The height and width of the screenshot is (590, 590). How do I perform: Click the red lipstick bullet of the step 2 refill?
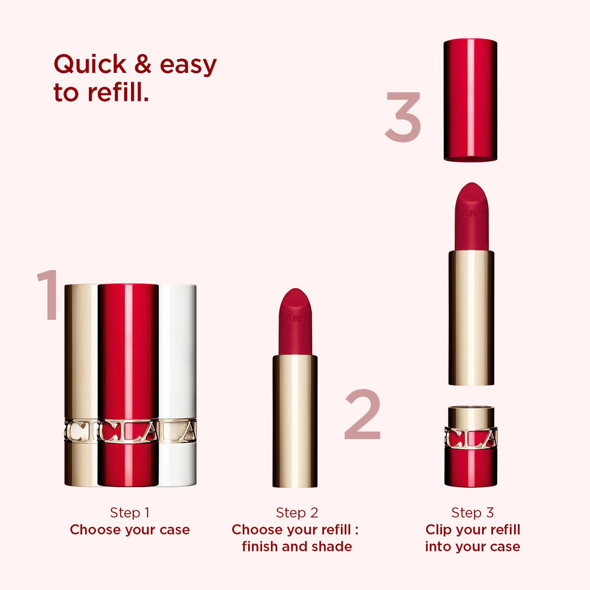295,324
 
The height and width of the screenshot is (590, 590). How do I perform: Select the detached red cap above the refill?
470,99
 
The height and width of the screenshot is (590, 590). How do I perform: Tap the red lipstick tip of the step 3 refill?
471,217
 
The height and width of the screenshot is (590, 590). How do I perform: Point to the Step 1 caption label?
130,513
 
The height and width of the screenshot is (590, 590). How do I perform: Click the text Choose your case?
130,530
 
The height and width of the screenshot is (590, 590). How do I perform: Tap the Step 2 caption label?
297,513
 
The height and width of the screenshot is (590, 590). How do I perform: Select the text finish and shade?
297,547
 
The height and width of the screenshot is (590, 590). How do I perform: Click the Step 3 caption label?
472,513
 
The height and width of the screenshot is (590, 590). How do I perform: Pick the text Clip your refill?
472,530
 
